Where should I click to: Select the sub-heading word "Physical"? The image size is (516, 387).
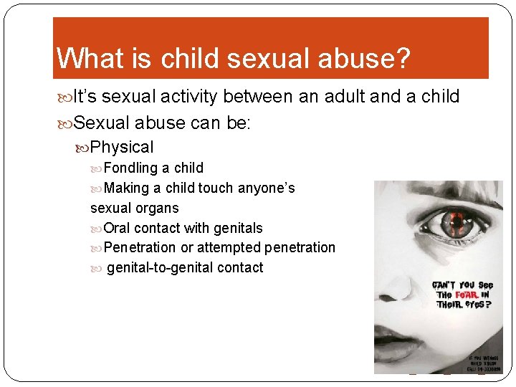coord(122,147)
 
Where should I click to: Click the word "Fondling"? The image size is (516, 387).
coord(130,168)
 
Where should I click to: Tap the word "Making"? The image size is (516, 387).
coord(127,188)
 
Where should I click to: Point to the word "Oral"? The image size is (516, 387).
coord(117,228)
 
